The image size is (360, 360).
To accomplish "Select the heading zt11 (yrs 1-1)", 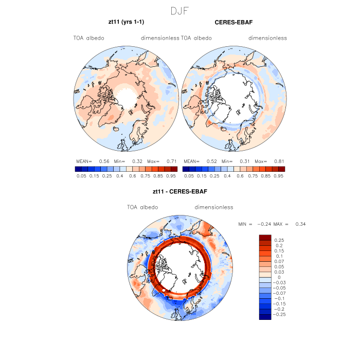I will pyautogui.click(x=125, y=23).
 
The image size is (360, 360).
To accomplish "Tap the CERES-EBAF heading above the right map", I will pyautogui.click(x=233, y=23).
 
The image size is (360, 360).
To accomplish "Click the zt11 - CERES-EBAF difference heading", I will pyautogui.click(x=179, y=192).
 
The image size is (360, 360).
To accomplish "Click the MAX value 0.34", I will pyautogui.click(x=301, y=224).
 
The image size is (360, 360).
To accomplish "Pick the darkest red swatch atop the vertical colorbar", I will pyautogui.click(x=265, y=237).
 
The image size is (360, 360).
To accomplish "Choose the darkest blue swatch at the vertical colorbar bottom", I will pyautogui.click(x=265, y=317).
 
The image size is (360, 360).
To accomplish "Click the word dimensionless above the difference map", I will pyautogui.click(x=214, y=207).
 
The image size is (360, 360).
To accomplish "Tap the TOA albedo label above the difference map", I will pyautogui.click(x=142, y=207).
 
